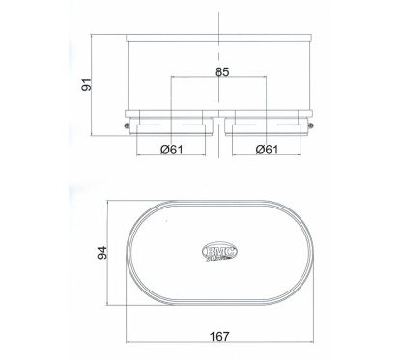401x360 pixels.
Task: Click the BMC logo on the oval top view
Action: [221, 248]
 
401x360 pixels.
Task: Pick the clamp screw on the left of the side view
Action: [126, 123]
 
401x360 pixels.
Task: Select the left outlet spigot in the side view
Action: [172, 127]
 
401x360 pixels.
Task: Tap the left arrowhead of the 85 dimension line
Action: [174, 78]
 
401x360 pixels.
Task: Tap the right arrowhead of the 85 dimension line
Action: [270, 78]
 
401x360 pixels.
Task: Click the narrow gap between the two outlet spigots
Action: [221, 127]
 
